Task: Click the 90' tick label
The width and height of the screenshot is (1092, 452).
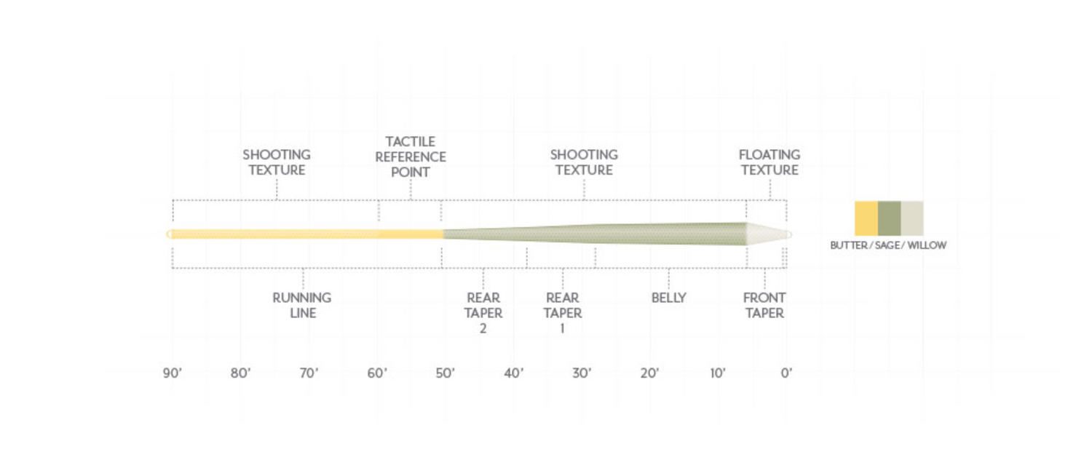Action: tap(172, 373)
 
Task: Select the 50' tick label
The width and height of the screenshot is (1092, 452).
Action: tap(446, 373)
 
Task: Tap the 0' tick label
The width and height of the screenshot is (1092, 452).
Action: tap(786, 373)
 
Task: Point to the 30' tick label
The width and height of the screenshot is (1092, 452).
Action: tap(582, 373)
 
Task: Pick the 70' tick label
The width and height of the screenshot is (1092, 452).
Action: tap(309, 373)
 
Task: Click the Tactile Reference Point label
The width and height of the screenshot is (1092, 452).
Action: tap(411, 156)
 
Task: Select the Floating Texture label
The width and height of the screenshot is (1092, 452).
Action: tap(769, 162)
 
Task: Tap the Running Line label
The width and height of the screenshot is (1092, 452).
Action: tap(302, 305)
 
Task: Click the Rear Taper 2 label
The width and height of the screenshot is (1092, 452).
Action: tap(483, 313)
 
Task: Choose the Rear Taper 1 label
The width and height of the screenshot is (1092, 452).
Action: tap(563, 313)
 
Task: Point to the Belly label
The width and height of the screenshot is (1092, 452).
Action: tap(668, 298)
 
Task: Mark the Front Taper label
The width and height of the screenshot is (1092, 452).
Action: tap(764, 305)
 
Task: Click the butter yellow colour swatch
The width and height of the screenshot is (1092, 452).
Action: tap(866, 218)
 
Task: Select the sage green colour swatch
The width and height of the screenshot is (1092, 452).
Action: tap(889, 218)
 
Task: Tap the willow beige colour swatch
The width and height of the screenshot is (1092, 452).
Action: tap(912, 218)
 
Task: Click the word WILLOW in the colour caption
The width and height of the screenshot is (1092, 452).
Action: tap(927, 245)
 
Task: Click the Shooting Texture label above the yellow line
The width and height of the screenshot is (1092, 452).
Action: tap(277, 162)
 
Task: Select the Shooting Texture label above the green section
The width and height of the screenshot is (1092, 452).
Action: tap(584, 162)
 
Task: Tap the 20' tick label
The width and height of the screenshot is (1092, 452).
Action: tap(650, 373)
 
